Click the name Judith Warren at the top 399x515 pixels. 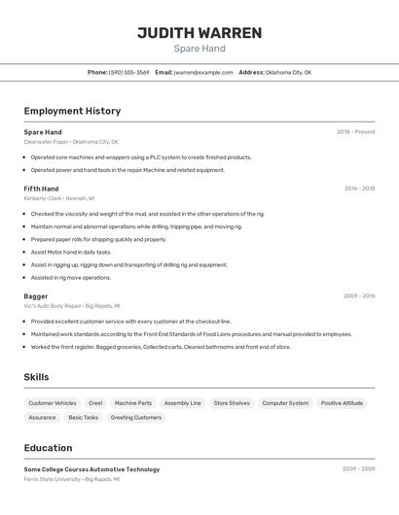[199, 33]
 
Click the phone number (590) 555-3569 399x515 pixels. [128, 72]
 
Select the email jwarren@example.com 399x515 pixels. [203, 72]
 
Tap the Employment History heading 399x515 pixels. [72, 112]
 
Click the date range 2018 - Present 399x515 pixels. [355, 131]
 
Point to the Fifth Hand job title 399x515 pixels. [41, 189]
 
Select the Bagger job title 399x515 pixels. [36, 295]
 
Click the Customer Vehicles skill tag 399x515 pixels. [53, 403]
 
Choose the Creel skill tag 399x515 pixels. [95, 403]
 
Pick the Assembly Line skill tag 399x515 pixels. [182, 403]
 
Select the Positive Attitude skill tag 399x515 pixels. [342, 403]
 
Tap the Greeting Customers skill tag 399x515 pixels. [136, 418]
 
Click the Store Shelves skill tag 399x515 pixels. [232, 403]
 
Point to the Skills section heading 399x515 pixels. [36, 377]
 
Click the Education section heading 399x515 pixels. [48, 448]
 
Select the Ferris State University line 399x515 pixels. [71, 479]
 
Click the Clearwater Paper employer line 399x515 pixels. [71, 141]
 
